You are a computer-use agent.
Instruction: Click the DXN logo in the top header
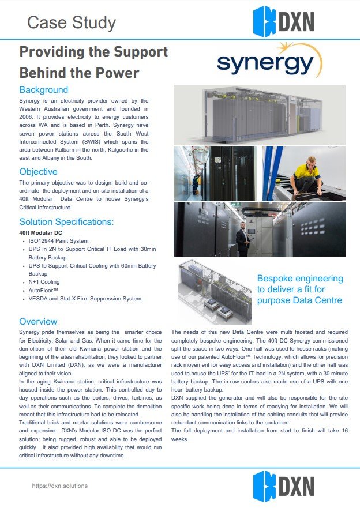click(283, 21)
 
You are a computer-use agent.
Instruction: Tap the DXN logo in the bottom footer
click(283, 486)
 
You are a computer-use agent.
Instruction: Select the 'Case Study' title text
click(72, 22)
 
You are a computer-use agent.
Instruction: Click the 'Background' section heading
click(44, 90)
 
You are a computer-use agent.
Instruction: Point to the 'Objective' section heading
click(38, 172)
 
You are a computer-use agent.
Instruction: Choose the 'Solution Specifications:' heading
click(66, 221)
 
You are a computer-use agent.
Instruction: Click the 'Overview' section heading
click(38, 321)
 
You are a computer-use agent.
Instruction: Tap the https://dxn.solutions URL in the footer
click(59, 486)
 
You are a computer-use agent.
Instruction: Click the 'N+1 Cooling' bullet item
click(44, 282)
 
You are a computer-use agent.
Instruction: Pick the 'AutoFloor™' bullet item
click(44, 290)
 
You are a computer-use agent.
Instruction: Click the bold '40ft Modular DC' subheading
click(41, 232)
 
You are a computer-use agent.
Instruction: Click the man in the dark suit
click(242, 237)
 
